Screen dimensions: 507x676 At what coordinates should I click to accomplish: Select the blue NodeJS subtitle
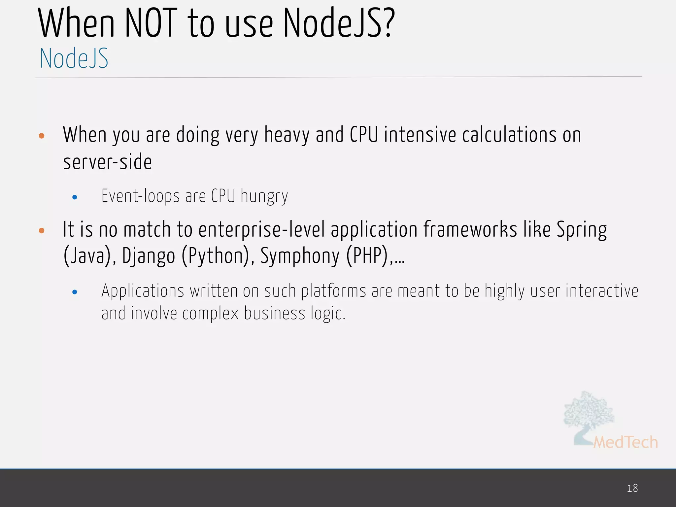coord(74,58)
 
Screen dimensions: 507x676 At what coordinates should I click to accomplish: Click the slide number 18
coord(632,488)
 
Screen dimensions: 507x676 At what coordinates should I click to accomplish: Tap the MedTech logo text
coord(625,442)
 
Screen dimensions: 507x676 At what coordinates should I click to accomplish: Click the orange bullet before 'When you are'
coord(42,136)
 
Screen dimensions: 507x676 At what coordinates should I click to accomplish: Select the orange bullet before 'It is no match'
coord(42,230)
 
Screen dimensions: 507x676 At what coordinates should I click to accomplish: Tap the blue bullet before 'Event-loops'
coord(75,197)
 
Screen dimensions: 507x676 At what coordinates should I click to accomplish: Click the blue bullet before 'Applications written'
coord(75,292)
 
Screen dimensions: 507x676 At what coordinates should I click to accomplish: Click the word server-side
coord(107,162)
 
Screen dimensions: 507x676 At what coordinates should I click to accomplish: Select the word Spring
coord(582,230)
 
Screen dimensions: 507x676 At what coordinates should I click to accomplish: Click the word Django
coord(148,256)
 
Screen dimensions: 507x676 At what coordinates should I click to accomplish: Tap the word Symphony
coord(300,256)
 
